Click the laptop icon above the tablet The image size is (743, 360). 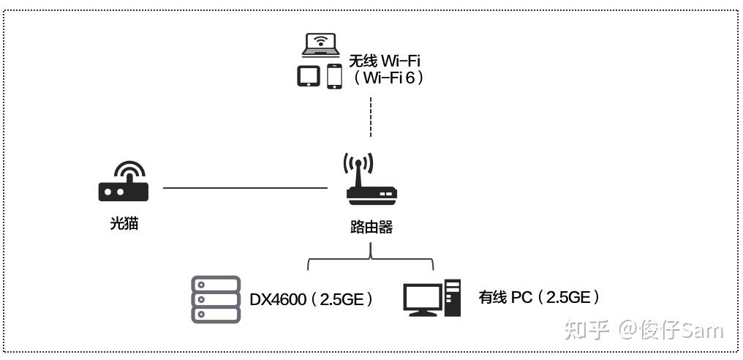322,45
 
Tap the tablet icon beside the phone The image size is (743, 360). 309,76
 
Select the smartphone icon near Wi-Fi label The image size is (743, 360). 334,76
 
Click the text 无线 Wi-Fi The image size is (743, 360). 385,59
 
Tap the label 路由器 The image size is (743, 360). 371,228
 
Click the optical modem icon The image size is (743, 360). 124,183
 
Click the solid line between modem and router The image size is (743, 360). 245,188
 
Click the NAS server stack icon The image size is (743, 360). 216,299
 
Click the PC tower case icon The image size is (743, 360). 453,297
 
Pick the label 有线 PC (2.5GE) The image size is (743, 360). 540,297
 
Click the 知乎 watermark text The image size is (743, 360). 587,330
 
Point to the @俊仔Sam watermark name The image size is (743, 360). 671,330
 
